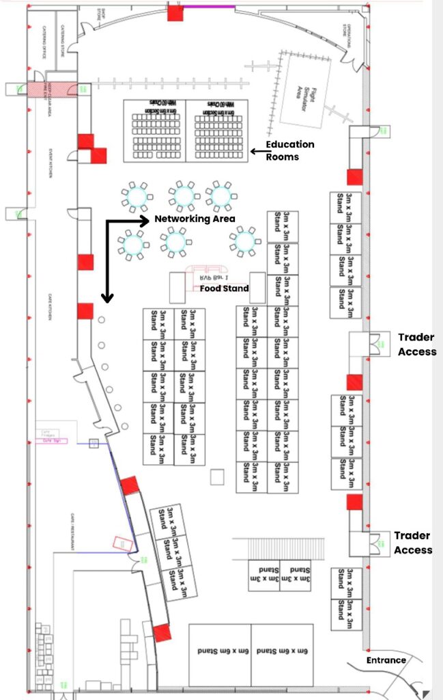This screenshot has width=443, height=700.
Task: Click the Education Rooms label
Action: (x=290, y=150)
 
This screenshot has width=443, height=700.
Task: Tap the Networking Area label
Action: (x=195, y=219)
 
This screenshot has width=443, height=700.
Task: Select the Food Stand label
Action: (x=224, y=288)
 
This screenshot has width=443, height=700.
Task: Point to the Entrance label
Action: (x=386, y=660)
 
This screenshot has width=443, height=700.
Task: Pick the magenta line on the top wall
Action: (x=210, y=6)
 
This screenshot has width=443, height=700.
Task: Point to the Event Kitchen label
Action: (x=50, y=164)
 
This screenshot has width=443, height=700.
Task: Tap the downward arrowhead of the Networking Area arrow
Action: (x=107, y=297)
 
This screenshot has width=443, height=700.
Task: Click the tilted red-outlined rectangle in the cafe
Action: (x=123, y=543)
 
